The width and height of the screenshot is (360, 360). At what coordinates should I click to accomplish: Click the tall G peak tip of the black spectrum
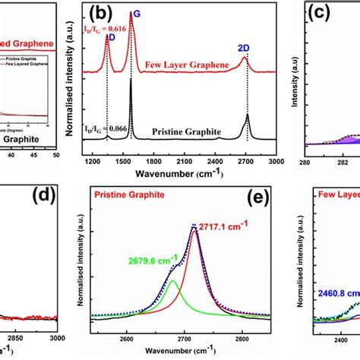131,81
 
